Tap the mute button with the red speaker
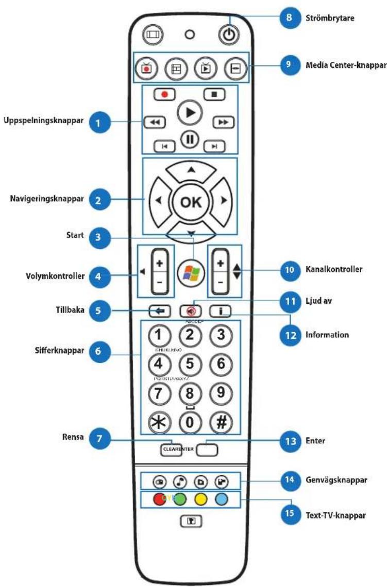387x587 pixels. click(190, 311)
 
